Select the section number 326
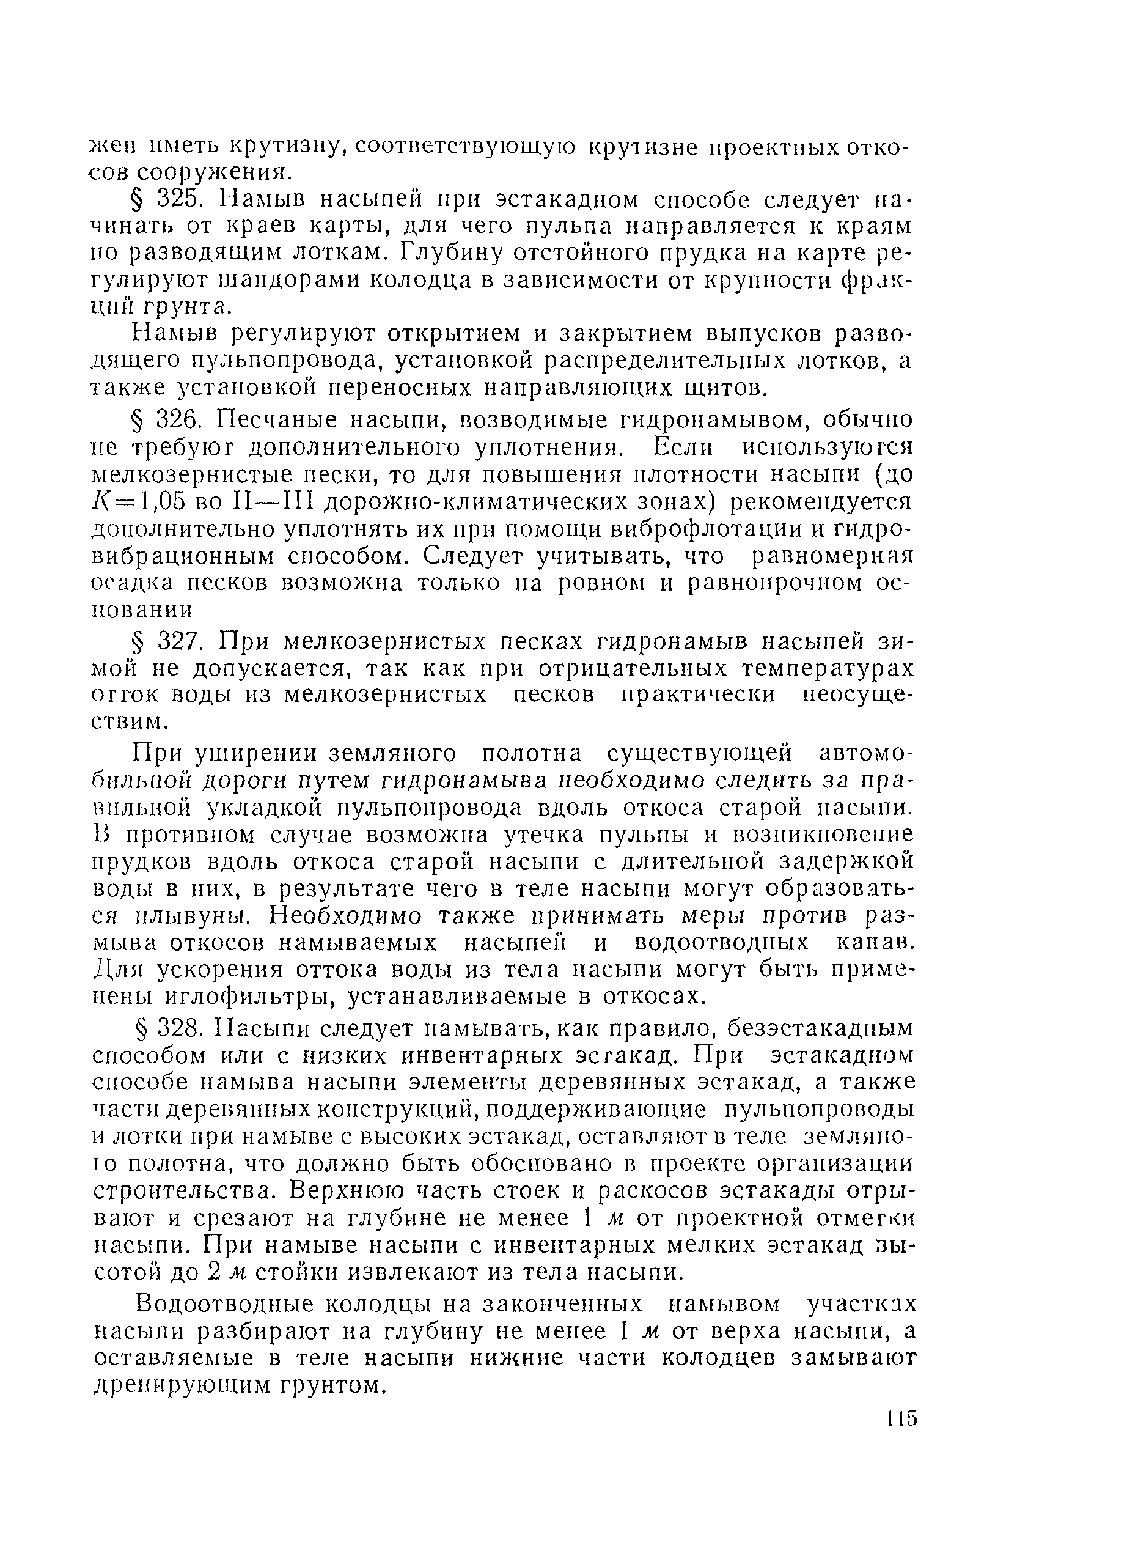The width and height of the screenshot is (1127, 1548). (178, 418)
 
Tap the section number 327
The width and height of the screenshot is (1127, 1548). (178, 641)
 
